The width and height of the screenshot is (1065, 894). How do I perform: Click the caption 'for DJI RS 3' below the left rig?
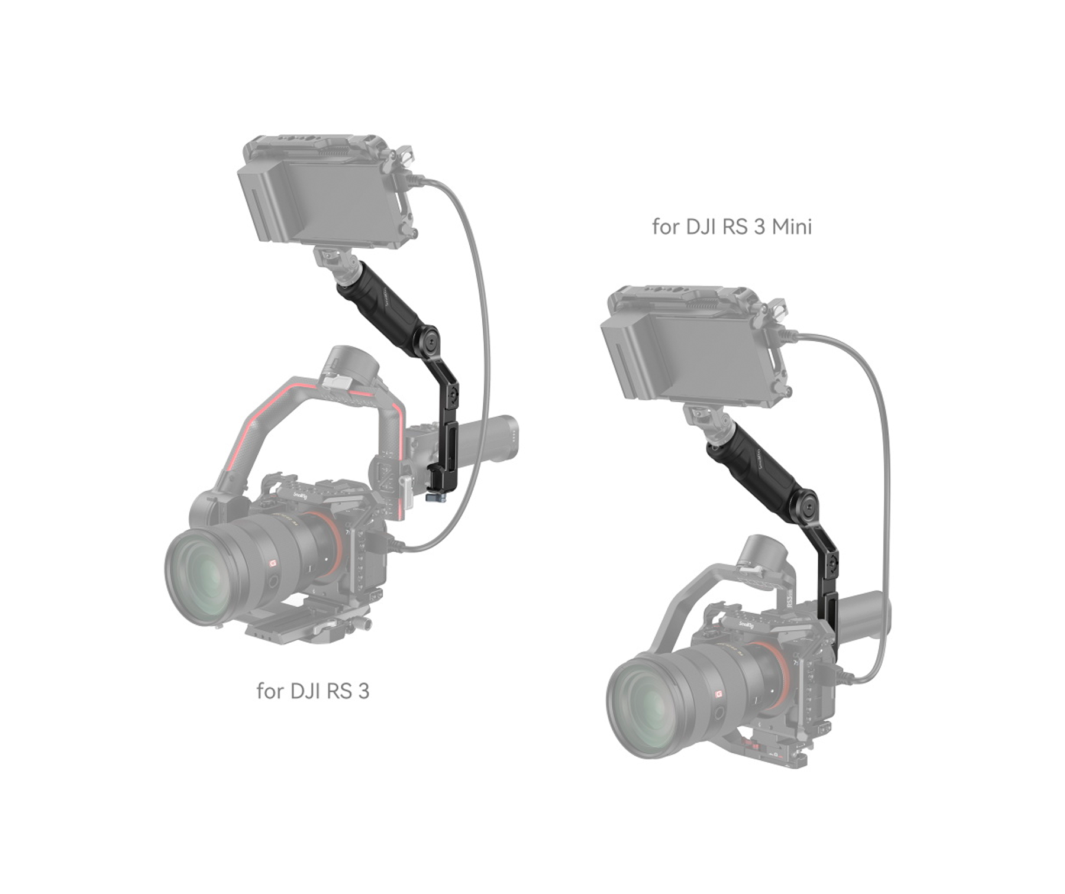point(312,691)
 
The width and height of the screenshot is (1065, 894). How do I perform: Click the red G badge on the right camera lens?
point(719,695)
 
